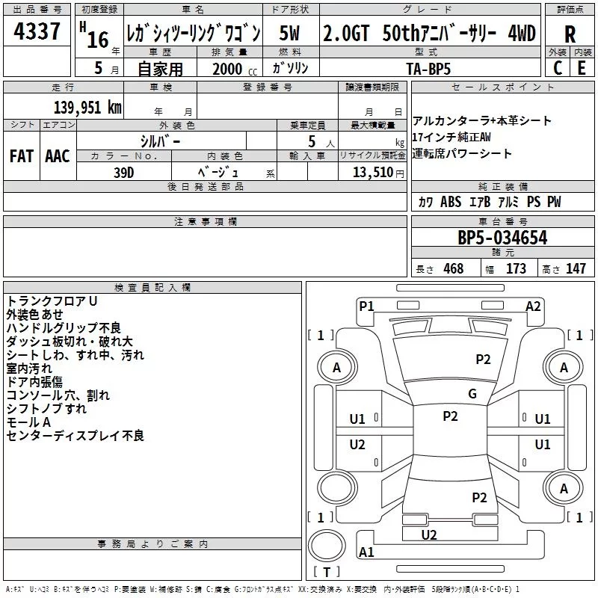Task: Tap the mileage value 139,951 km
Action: point(87,107)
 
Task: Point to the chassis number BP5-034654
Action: point(502,238)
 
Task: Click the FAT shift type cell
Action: point(22,156)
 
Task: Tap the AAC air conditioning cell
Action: point(57,156)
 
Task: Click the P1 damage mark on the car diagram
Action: point(366,305)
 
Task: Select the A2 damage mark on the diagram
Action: point(533,305)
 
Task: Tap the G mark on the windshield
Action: point(472,394)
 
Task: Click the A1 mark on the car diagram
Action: point(366,552)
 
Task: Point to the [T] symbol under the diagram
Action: point(327,573)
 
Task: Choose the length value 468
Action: point(452,269)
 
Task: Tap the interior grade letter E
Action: point(581,68)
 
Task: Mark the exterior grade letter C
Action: point(557,68)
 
